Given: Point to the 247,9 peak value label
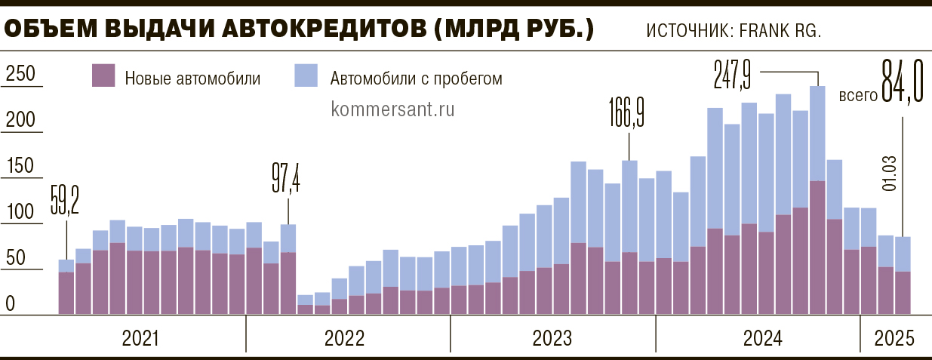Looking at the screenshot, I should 732,74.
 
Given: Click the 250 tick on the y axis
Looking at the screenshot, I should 20,74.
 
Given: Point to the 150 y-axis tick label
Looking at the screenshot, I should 20,166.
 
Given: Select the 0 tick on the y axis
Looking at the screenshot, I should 11,304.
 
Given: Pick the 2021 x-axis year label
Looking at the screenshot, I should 140,338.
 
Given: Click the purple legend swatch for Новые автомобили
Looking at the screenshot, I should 103,76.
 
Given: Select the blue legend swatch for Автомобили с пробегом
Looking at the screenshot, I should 306,76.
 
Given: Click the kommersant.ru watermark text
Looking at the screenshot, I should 392,108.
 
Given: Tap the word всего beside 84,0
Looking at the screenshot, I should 858,96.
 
